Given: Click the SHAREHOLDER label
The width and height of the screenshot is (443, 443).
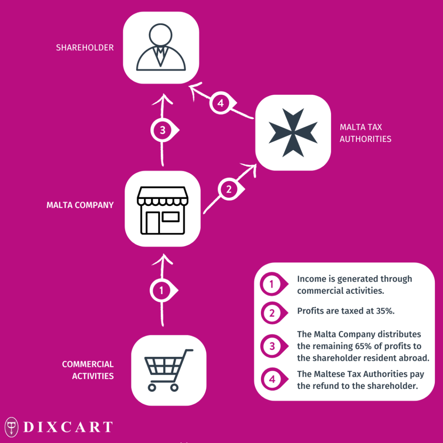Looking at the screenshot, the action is [85, 48].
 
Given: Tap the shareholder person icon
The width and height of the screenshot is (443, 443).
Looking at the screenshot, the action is [161, 47].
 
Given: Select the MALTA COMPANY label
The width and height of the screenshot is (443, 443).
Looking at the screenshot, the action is [80, 205].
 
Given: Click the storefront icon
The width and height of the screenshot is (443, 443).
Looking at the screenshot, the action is [163, 211].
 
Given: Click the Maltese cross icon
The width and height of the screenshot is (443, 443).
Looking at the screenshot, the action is [293, 132].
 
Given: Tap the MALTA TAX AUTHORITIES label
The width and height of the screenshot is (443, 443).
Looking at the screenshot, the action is [365, 133].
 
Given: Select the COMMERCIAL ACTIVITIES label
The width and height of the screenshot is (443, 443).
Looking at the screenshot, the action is [88, 370].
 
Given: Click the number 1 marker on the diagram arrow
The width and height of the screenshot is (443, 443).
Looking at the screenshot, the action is [163, 290].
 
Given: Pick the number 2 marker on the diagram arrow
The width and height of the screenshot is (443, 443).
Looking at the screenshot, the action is [231, 189].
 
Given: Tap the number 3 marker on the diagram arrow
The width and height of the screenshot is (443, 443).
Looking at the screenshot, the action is [164, 130].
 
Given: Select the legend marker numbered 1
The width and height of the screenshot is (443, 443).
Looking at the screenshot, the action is [274, 284].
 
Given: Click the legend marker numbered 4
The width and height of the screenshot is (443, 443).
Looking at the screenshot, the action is [274, 379].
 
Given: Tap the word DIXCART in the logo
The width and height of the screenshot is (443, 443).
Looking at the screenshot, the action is [68, 427].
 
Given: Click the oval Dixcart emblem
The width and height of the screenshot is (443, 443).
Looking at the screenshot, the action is [12, 427].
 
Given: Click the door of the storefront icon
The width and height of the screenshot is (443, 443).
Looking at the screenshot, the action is [153, 223].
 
